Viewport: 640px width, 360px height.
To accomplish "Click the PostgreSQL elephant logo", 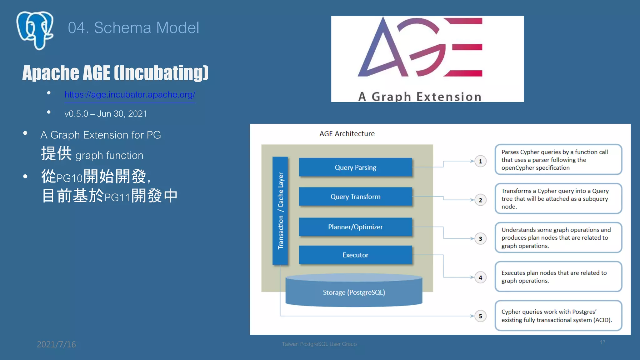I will (x=35, y=30).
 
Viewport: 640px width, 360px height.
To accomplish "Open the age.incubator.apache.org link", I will (x=130, y=95).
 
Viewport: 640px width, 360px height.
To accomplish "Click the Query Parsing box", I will (x=355, y=167).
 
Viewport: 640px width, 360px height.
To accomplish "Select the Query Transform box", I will (x=355, y=197).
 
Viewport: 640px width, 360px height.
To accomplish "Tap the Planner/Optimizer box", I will (x=355, y=227).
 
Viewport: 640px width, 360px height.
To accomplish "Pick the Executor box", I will (x=355, y=255).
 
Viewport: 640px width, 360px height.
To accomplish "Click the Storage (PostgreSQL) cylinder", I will (x=354, y=292).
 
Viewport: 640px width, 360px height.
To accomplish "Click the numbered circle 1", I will (x=480, y=161).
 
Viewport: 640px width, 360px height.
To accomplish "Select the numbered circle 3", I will (x=480, y=239).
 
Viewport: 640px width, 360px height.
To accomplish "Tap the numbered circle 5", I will (x=480, y=316).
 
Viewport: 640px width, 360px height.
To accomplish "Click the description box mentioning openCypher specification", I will (x=558, y=160).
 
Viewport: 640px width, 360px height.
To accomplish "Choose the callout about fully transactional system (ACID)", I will (x=558, y=316).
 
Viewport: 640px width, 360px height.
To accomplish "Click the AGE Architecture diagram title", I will (x=347, y=134).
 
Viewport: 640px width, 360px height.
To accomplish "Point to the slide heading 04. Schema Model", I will (x=133, y=28).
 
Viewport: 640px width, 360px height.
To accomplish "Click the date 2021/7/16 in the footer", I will (x=56, y=344).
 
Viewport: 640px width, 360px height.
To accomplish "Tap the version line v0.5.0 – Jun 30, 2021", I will (x=106, y=114).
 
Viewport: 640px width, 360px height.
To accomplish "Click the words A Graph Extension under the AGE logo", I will (x=420, y=97).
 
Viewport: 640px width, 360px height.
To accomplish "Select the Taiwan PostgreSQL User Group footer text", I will (x=319, y=344).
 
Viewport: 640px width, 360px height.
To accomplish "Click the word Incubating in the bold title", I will (x=161, y=73).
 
